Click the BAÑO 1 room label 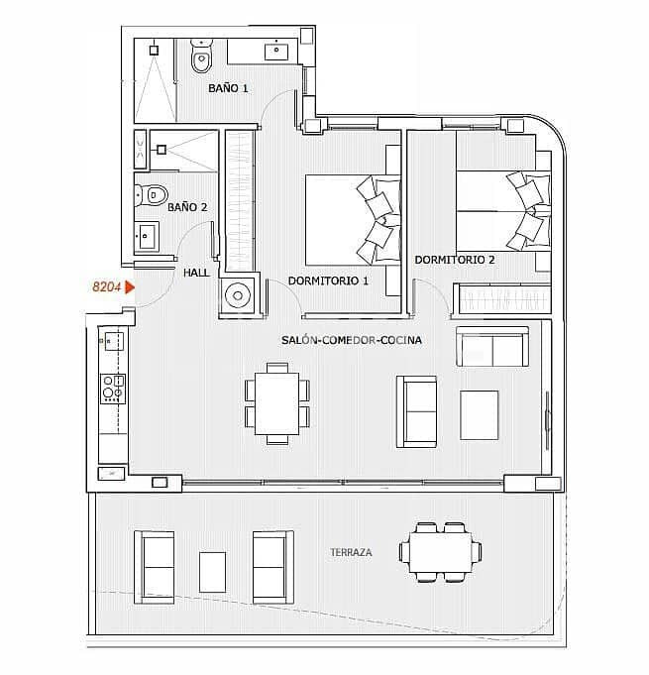[x=228, y=88]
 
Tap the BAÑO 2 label [x=187, y=207]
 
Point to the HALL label [x=196, y=273]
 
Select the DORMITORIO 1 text [x=328, y=281]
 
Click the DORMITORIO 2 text [x=455, y=260]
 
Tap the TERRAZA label [x=352, y=552]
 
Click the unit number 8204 [x=106, y=287]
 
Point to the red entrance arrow [x=130, y=288]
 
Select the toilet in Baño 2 [x=154, y=194]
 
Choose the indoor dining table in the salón [x=276, y=402]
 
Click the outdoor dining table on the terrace [x=441, y=550]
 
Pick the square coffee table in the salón [x=480, y=414]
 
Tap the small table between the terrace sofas [x=213, y=571]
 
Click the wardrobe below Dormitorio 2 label [x=501, y=300]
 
